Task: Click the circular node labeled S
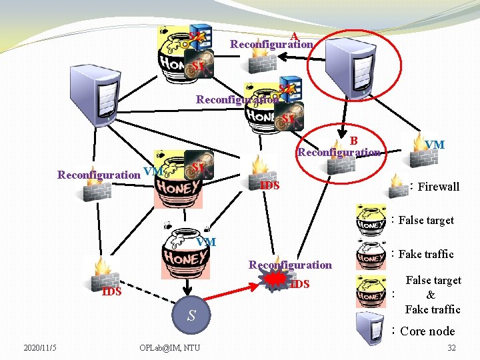coord(191,315)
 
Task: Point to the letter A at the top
coord(294,36)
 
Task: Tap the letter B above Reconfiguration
coord(354,140)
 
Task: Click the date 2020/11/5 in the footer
coord(40,347)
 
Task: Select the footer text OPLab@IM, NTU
coord(169,347)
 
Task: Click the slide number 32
coord(451,347)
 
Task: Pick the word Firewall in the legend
coord(439,187)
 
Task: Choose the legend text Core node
coord(427,331)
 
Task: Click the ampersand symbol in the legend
coord(431,295)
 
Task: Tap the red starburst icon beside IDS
coord(273,283)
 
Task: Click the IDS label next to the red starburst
coord(301,285)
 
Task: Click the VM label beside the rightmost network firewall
coord(435,145)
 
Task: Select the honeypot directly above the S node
coord(186,257)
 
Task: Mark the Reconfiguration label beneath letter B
coord(339,152)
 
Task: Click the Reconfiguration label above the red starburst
coord(290,265)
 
